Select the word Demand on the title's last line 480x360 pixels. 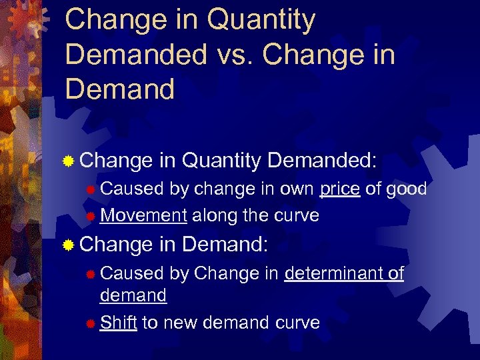(x=120, y=89)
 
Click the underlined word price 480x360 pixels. (x=340, y=189)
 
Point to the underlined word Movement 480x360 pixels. (x=143, y=215)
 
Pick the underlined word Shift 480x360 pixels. (x=119, y=323)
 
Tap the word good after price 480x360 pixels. (x=406, y=189)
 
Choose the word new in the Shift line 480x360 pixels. (x=180, y=323)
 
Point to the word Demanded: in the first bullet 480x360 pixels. (x=322, y=160)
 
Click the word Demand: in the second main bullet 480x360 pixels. (x=225, y=245)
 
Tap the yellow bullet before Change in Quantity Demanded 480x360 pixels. (x=67, y=161)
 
